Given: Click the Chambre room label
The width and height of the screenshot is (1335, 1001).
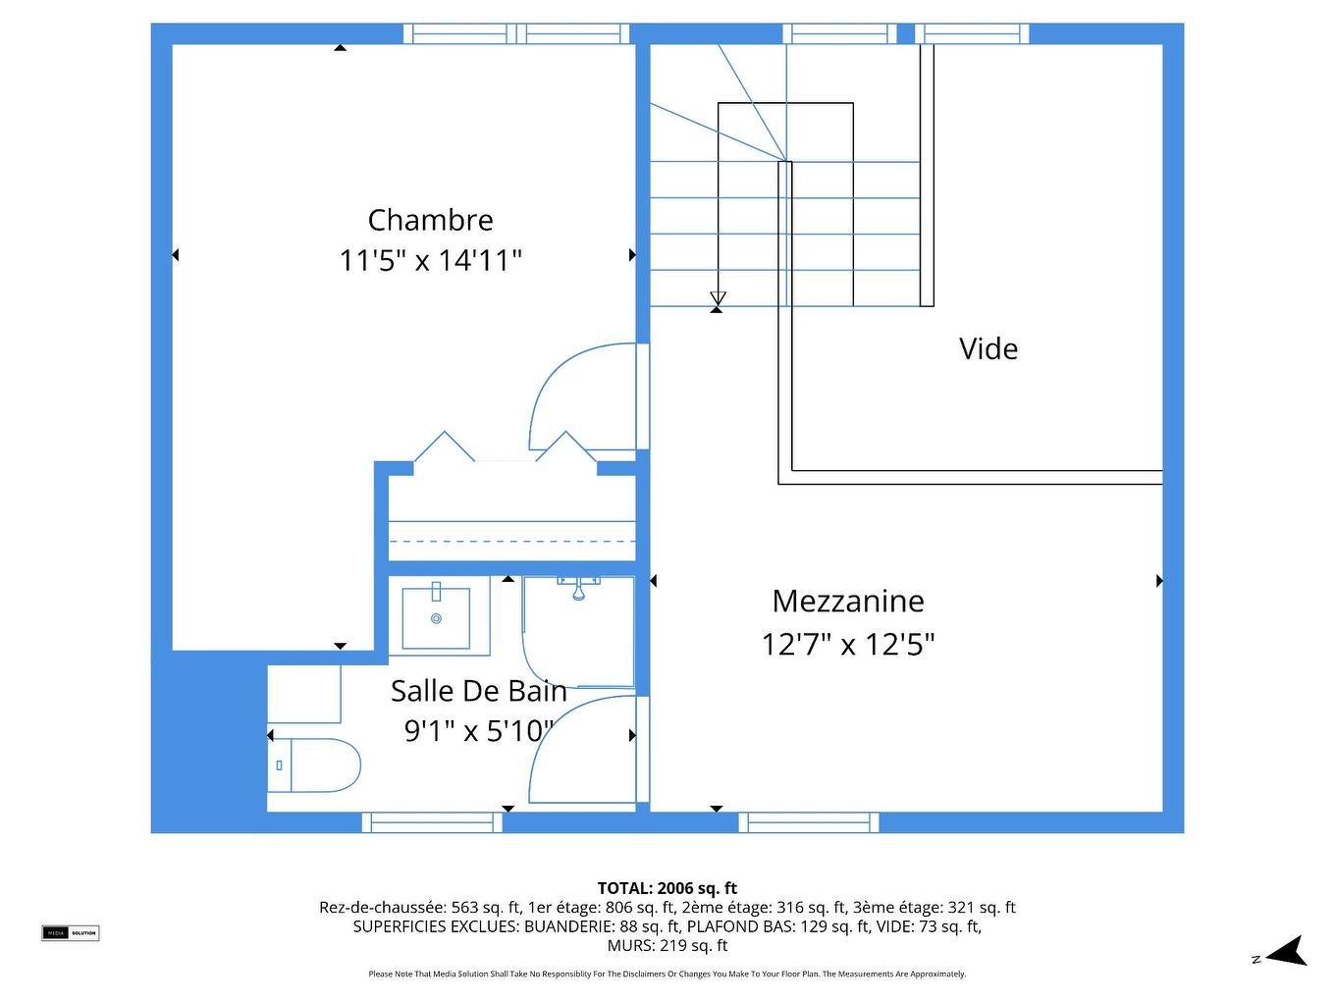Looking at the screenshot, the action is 430,220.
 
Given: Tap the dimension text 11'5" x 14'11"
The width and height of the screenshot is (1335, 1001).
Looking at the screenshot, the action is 430,261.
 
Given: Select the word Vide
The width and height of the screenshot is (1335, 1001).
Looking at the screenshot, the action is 988,348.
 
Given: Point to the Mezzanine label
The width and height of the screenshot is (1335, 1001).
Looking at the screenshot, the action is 848,601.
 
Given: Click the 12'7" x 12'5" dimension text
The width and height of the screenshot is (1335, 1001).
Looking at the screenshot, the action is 848,644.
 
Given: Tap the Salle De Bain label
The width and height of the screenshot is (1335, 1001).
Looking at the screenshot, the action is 479,691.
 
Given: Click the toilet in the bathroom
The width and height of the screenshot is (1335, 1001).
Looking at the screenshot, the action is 314,765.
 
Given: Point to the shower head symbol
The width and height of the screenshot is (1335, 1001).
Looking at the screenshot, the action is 579,588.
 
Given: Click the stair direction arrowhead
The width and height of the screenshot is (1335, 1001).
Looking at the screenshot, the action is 718,297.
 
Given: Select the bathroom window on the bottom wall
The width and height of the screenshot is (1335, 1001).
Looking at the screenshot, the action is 432,822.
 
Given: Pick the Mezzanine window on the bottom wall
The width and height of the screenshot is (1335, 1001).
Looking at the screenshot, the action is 808,822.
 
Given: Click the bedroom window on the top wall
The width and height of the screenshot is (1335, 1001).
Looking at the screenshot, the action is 515,33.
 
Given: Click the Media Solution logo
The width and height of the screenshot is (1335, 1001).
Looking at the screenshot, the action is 70,933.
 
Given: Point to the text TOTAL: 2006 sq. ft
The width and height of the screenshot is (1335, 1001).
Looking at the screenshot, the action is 667,888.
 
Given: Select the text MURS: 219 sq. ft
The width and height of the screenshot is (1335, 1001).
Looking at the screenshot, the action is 667,946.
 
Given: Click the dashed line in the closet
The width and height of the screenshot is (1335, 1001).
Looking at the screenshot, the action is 512,541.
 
